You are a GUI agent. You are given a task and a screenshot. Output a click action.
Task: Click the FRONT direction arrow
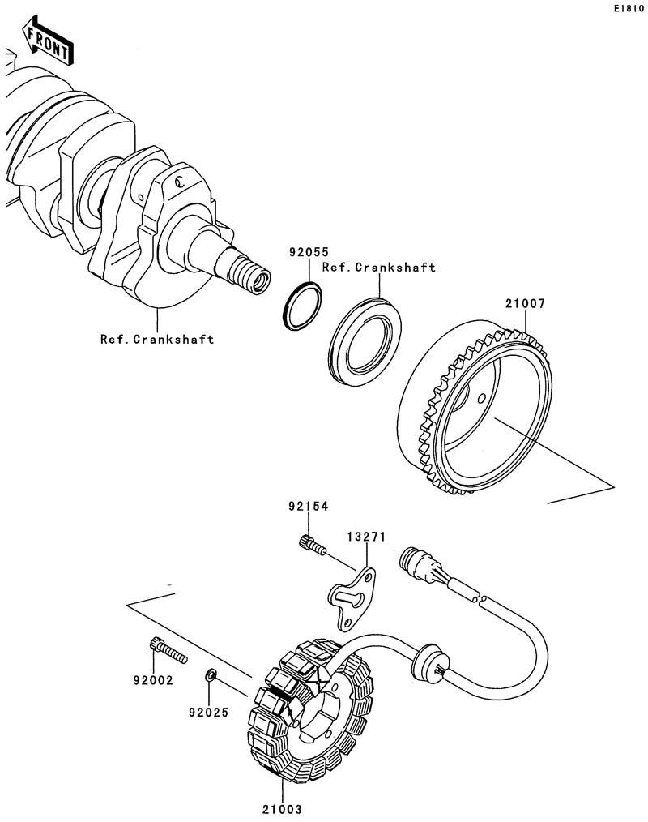click(x=47, y=41)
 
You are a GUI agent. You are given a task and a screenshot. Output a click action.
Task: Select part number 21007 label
click(x=525, y=305)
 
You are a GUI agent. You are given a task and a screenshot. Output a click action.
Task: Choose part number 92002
click(x=153, y=681)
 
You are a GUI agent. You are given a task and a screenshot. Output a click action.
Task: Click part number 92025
click(x=208, y=713)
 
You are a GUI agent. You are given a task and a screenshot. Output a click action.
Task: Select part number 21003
click(x=281, y=808)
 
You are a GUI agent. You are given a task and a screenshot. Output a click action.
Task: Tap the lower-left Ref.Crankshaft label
click(x=157, y=340)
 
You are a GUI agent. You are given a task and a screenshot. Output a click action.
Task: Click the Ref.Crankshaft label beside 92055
click(x=379, y=267)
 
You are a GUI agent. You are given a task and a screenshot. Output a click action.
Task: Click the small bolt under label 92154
click(x=312, y=545)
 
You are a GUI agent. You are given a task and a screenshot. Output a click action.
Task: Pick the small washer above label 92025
click(x=210, y=674)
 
